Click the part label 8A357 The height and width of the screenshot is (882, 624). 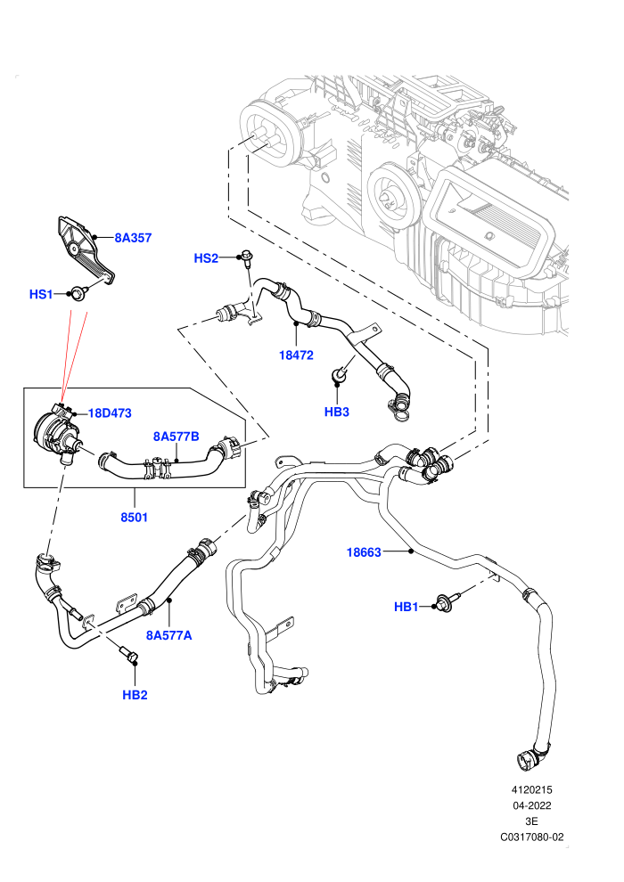pyautogui.click(x=134, y=238)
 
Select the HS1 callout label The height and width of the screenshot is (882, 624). pyautogui.click(x=40, y=294)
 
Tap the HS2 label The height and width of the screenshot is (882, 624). pyautogui.click(x=205, y=258)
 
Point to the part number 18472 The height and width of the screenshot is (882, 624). pyautogui.click(x=296, y=355)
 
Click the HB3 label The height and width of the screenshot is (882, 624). pyautogui.click(x=336, y=412)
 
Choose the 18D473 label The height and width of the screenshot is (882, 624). pyautogui.click(x=110, y=413)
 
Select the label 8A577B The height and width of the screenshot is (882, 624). pyautogui.click(x=177, y=437)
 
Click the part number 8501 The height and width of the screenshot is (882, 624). pyautogui.click(x=134, y=517)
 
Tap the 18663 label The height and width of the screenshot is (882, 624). pyautogui.click(x=364, y=552)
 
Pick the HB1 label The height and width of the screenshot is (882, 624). pyautogui.click(x=406, y=607)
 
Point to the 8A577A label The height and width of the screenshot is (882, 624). pyautogui.click(x=168, y=635)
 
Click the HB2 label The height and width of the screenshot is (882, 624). pyautogui.click(x=135, y=695)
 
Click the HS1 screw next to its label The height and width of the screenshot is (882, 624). pyautogui.click(x=76, y=292)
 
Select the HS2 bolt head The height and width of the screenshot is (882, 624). pyautogui.click(x=246, y=256)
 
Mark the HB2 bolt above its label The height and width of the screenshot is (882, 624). pyautogui.click(x=128, y=655)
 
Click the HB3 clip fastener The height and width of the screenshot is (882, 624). pyautogui.click(x=340, y=373)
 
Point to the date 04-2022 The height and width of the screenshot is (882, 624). pyautogui.click(x=531, y=805)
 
